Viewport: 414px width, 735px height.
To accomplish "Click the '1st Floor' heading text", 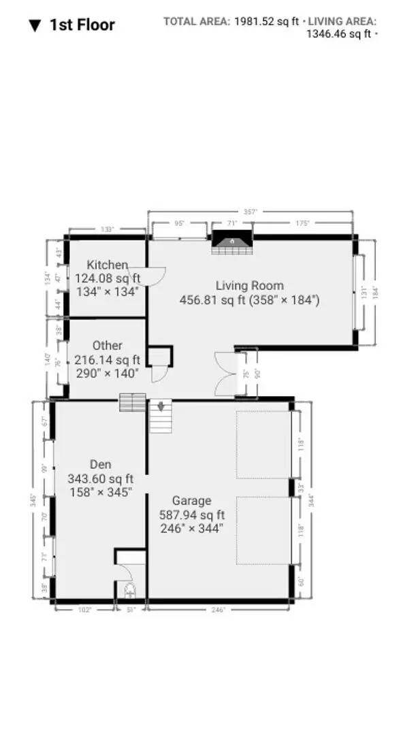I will (82, 25).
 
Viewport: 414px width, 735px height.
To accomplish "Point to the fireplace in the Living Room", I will (231, 242).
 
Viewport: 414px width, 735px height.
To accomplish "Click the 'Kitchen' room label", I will (107, 265).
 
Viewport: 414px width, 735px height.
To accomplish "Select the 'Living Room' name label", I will (249, 286).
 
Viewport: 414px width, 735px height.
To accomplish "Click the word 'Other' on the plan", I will (107, 346).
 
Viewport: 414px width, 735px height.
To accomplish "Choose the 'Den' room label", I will (100, 465).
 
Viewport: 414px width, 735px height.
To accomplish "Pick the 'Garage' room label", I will (191, 501).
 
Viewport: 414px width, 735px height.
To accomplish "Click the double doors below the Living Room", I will (225, 374).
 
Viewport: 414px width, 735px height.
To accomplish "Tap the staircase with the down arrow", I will (161, 416).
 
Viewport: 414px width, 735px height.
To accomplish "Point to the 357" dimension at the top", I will (250, 212).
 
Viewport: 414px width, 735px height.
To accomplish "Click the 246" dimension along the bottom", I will (217, 610).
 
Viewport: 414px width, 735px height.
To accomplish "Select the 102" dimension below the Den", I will (85, 610).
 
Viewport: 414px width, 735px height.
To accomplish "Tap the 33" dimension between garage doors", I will (301, 488).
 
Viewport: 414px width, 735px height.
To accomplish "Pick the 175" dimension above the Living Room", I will (302, 223).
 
